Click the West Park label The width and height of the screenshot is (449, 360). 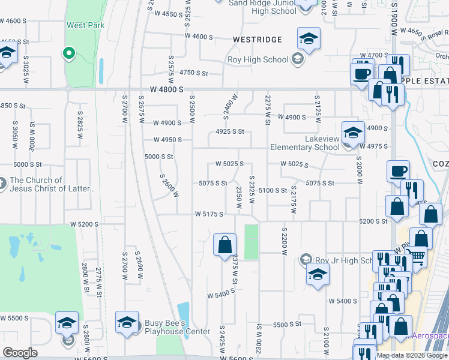click(x=86, y=25)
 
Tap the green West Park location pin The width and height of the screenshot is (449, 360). click(x=68, y=53)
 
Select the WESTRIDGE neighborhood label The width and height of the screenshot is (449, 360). click(x=257, y=40)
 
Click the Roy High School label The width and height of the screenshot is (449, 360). click(x=258, y=59)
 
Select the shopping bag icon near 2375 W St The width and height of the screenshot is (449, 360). click(x=224, y=244)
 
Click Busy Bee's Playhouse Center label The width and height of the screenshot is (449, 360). click(x=177, y=327)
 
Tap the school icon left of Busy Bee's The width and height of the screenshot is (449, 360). click(x=127, y=323)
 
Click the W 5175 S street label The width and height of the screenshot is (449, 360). click(x=209, y=214)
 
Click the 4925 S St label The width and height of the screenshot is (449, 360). click(x=230, y=131)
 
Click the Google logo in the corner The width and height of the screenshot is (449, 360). click(x=20, y=353)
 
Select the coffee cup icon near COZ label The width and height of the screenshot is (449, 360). click(x=398, y=172)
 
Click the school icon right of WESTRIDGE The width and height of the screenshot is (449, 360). click(x=309, y=39)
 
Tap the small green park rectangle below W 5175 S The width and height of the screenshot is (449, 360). click(x=252, y=241)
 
